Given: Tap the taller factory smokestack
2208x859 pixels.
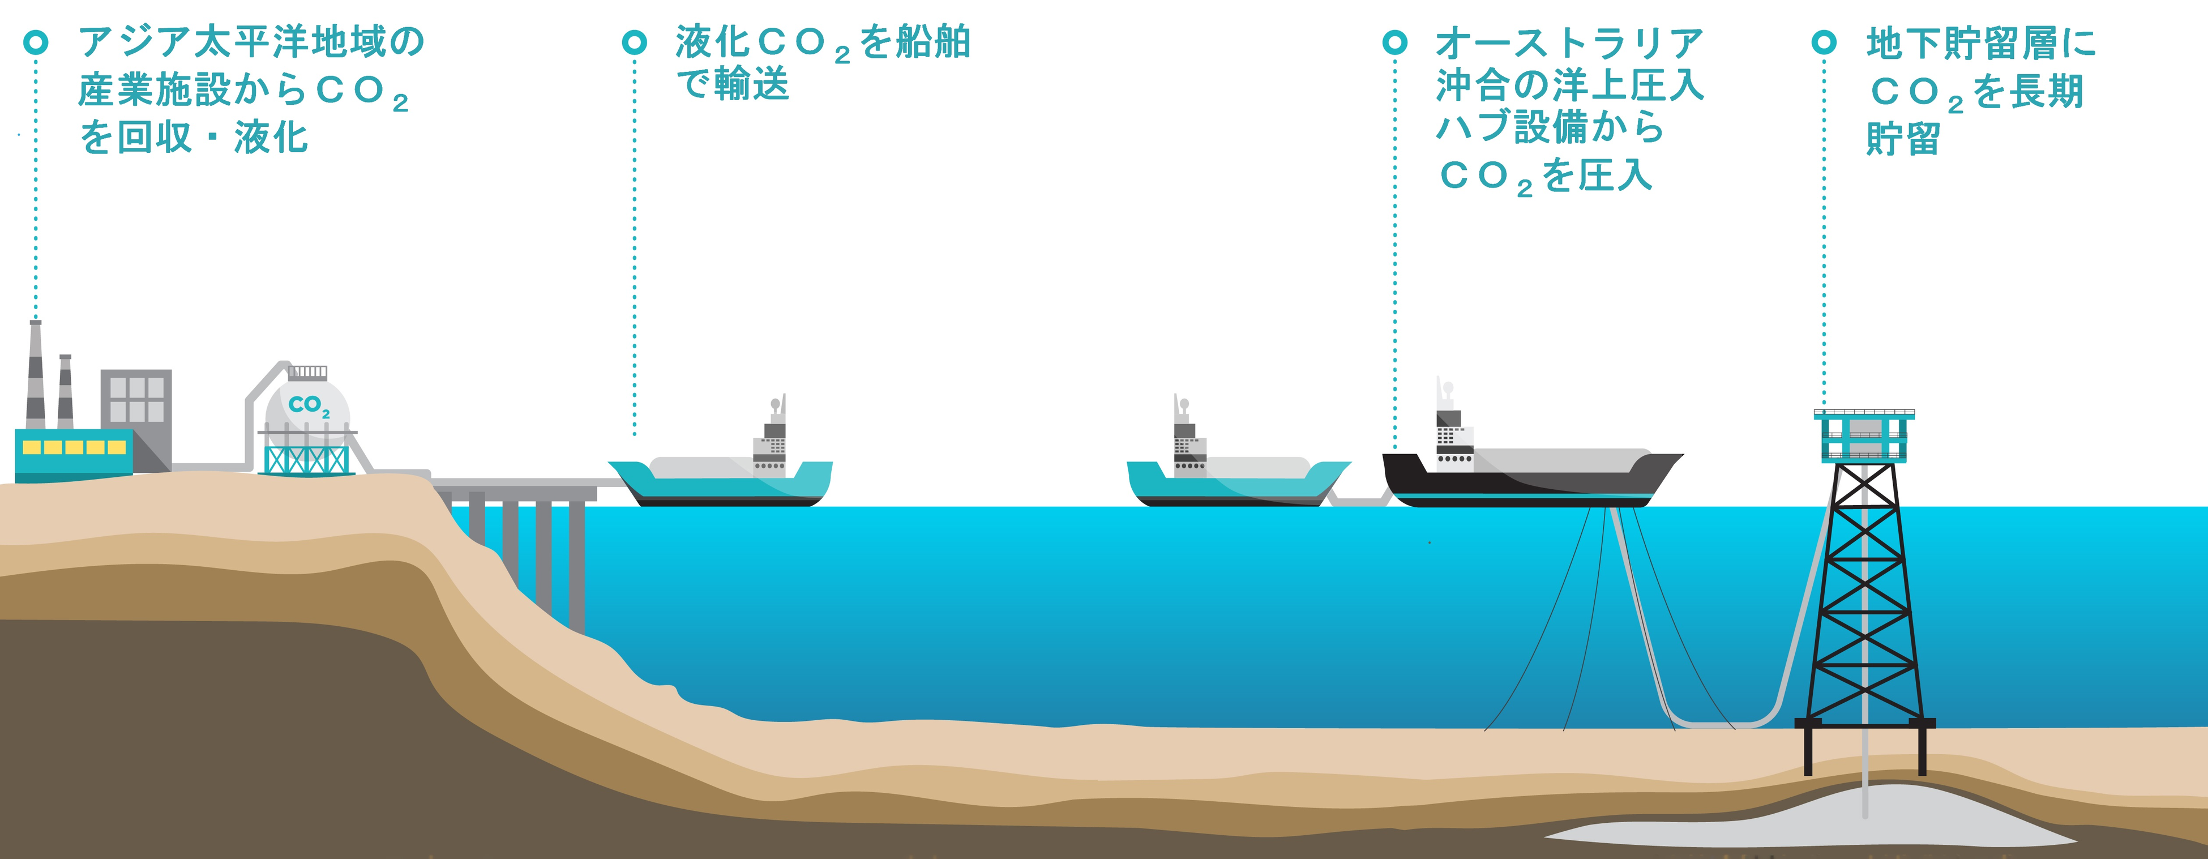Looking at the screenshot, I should (x=35, y=377).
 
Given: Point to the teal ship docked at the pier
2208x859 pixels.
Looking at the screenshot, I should (x=720, y=482).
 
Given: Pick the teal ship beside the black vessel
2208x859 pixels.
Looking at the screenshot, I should (x=1234, y=482).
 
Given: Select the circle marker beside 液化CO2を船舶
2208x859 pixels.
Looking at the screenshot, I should (x=634, y=41).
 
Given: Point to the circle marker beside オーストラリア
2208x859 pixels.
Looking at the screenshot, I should (x=1396, y=41).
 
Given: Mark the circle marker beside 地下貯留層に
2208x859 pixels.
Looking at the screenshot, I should (x=1824, y=41).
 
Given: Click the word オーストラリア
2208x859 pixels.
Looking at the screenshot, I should (x=1569, y=43).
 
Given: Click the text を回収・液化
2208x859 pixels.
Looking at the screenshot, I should (x=194, y=137).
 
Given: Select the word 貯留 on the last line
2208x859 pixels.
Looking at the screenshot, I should (x=1903, y=139).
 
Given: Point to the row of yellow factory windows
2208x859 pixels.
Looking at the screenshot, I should (x=75, y=447).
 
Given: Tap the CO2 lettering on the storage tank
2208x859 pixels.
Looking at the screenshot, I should (x=309, y=405).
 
